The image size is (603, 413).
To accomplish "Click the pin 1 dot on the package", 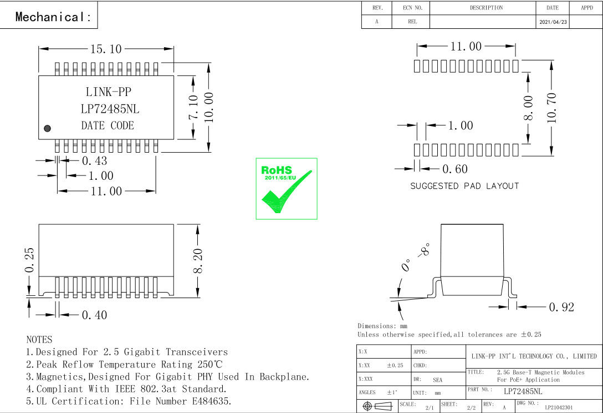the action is pyautogui.click(x=47, y=128).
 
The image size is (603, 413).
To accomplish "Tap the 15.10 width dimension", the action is pyautogui.click(x=106, y=49).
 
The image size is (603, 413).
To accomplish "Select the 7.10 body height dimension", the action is pyautogui.click(x=193, y=107).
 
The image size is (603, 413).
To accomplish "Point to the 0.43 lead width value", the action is pyautogui.click(x=95, y=160).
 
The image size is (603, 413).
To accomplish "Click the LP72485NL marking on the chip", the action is pyautogui.click(x=110, y=109).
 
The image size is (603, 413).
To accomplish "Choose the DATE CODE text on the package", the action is pyautogui.click(x=108, y=125).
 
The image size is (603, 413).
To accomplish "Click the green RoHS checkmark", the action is pyautogui.click(x=287, y=192).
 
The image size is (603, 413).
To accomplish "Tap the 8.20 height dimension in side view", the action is pyautogui.click(x=198, y=261).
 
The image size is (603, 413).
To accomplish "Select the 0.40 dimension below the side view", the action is pyautogui.click(x=95, y=315).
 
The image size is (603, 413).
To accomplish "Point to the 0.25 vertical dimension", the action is pyautogui.click(x=29, y=260).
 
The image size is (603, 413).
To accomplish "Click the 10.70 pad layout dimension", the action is pyautogui.click(x=551, y=108).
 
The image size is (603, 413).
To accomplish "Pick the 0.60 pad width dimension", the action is pyautogui.click(x=455, y=169).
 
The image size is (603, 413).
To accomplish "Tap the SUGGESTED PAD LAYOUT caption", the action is pyautogui.click(x=464, y=186).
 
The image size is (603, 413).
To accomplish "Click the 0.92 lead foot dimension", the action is pyautogui.click(x=561, y=307).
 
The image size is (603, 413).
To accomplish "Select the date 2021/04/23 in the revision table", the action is pyautogui.click(x=553, y=22).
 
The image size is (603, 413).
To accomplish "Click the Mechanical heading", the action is pyautogui.click(x=53, y=17).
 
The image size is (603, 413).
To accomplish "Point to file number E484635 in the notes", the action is pyautogui.click(x=212, y=401).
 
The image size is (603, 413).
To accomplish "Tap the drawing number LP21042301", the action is pyautogui.click(x=559, y=407).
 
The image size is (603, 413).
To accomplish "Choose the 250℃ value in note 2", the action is pyautogui.click(x=210, y=364).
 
